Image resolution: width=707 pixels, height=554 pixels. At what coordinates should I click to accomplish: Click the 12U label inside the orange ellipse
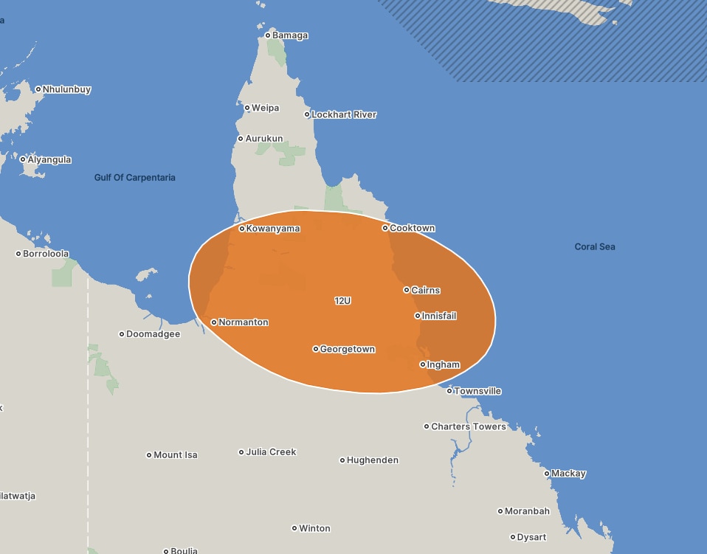[x=342, y=301]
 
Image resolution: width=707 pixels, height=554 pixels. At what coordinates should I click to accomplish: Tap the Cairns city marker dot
[x=407, y=290]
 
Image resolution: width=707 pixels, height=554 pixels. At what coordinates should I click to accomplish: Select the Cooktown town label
[x=412, y=229]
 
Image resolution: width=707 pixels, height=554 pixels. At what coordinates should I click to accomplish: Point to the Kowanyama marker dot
[x=242, y=229]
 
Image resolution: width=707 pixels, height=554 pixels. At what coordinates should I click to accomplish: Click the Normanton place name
[x=244, y=322]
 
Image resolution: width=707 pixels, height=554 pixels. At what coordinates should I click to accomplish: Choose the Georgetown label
[x=348, y=349]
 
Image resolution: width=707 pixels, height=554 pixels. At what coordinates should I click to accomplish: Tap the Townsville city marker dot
[x=449, y=391]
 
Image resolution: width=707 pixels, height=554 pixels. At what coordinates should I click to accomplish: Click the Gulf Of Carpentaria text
[x=135, y=178]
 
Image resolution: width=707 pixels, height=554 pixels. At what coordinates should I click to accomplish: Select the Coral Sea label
[x=595, y=247]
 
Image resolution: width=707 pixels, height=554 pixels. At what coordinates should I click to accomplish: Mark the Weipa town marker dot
[x=247, y=108]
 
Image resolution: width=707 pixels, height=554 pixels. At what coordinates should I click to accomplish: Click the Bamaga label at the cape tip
[x=290, y=35]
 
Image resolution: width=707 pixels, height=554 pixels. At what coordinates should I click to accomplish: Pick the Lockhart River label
[x=344, y=114]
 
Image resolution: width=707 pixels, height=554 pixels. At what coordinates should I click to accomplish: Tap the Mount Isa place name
[x=176, y=455]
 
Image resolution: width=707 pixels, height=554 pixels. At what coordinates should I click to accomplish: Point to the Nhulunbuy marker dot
[x=38, y=89]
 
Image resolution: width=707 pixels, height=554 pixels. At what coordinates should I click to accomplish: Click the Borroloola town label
[x=46, y=254]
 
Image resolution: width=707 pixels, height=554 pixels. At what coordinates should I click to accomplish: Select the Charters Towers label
[x=469, y=426]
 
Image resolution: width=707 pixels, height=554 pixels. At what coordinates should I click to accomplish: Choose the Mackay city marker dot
[x=547, y=474]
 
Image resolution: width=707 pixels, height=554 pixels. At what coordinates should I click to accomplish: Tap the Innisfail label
[x=439, y=316]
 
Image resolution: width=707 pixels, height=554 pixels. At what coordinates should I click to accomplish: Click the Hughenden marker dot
[x=342, y=460]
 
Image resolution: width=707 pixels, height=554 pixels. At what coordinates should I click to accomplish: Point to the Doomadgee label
[x=153, y=334]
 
